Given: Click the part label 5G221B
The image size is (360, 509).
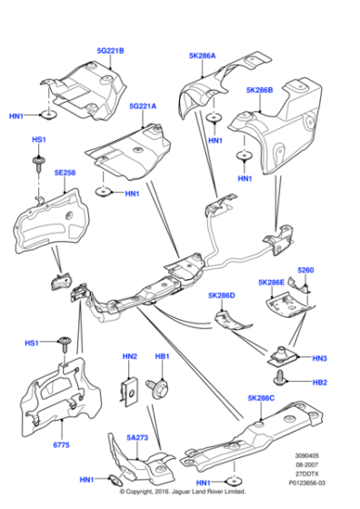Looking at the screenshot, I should click(110, 50).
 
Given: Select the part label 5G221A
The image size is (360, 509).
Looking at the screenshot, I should click(143, 106).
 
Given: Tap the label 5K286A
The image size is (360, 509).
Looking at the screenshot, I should click(202, 55).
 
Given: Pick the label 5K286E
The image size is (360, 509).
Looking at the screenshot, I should click(270, 283).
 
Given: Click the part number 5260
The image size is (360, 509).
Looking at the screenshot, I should click(305, 270).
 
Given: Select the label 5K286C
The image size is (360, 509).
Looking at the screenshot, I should click(261, 398).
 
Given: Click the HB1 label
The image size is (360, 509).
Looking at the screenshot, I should click(163, 357).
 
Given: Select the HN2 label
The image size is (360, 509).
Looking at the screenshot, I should click(129, 357).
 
